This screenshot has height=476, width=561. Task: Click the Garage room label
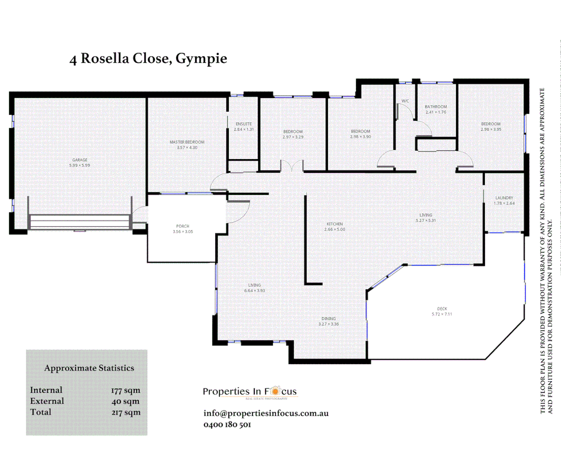(80, 160)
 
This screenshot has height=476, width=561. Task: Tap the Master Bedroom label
(187, 142)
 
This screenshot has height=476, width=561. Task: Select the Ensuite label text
(244, 124)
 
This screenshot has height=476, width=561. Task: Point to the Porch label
(183, 226)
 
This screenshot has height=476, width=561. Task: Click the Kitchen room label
(335, 224)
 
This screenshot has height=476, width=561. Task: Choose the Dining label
(329, 319)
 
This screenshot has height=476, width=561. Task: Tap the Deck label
(442, 309)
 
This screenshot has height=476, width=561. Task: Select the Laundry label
(504, 198)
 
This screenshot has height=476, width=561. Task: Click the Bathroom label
(436, 107)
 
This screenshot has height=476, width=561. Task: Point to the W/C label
(405, 101)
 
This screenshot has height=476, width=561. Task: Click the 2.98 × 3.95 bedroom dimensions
(491, 130)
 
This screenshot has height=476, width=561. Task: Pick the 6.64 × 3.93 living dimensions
(255, 291)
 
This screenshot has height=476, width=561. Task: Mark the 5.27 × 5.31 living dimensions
(426, 220)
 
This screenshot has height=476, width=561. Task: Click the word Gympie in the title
(201, 59)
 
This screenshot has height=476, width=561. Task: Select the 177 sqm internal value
(126, 390)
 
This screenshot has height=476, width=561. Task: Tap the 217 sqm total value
(126, 413)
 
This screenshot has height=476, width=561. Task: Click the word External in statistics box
(47, 401)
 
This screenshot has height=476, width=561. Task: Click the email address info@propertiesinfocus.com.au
(266, 413)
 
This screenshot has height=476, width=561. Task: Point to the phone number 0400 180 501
(227, 424)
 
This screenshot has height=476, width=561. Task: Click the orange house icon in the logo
(275, 390)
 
